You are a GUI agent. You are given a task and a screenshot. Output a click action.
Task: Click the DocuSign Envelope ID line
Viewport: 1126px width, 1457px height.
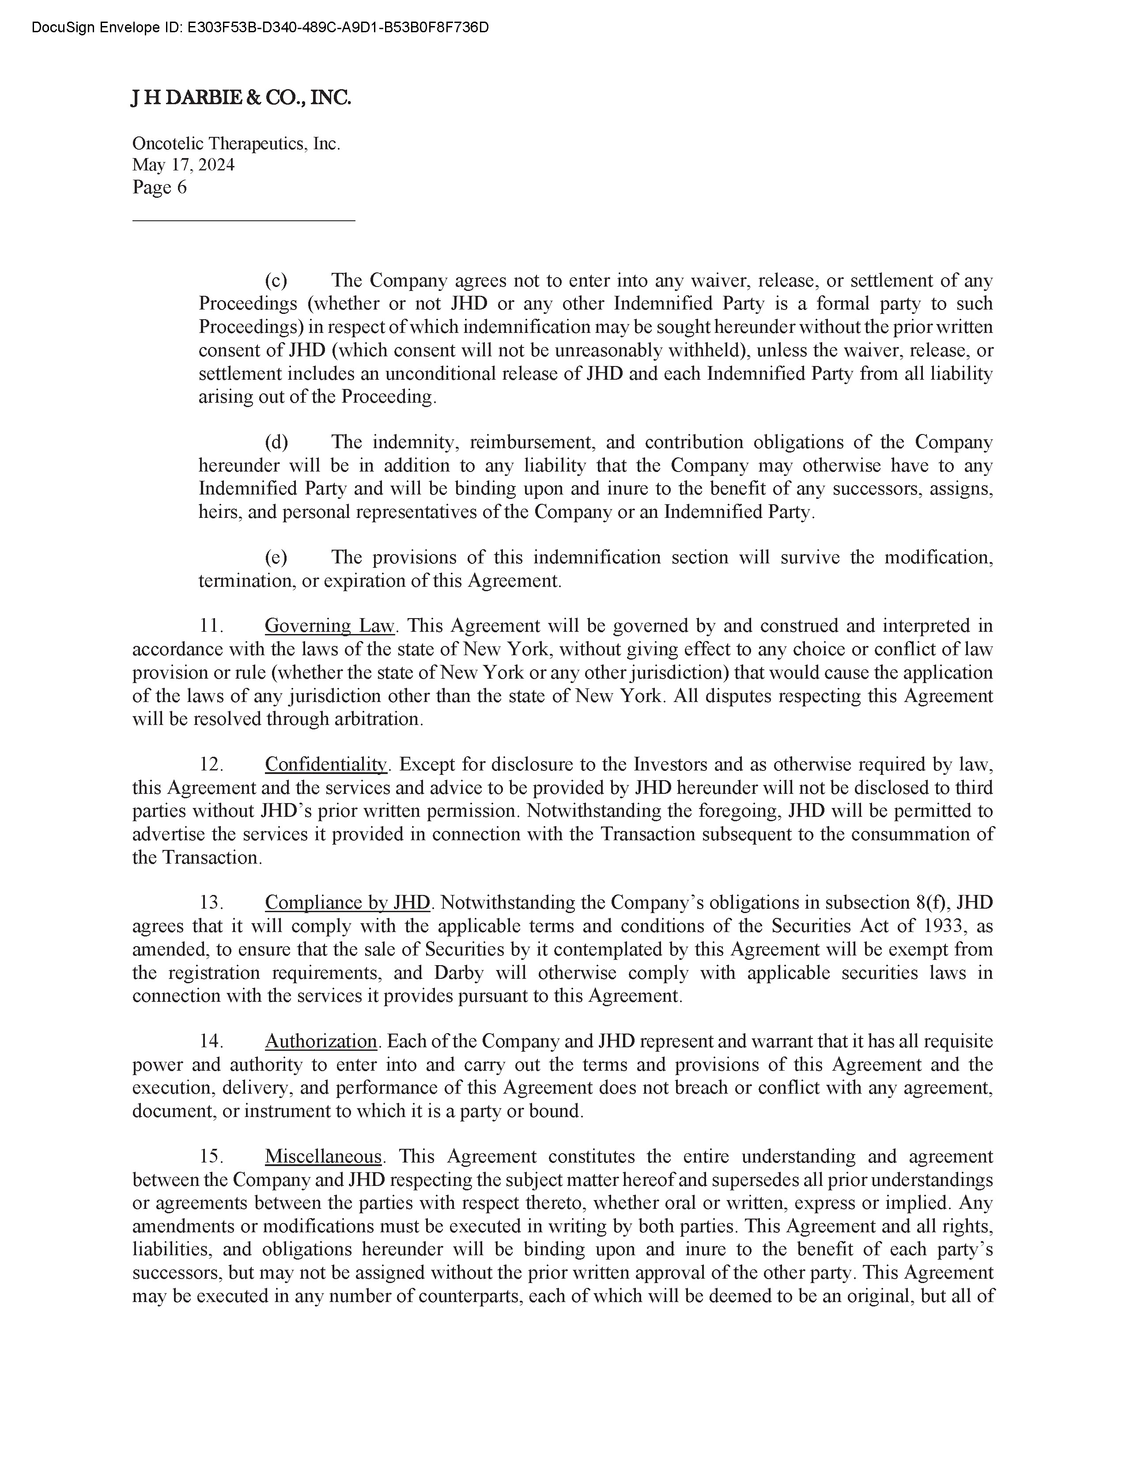[x=260, y=27]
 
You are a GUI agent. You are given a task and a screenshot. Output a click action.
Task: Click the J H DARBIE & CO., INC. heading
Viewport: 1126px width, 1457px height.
[x=241, y=98]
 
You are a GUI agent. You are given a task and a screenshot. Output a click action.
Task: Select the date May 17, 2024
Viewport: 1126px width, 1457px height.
[x=183, y=165]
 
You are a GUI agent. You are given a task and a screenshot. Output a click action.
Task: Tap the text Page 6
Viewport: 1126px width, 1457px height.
[x=159, y=188]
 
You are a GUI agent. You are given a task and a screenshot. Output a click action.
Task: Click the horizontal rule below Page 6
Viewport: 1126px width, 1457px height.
[x=243, y=219]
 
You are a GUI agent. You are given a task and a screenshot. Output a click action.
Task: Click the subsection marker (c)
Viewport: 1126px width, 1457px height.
[x=276, y=280]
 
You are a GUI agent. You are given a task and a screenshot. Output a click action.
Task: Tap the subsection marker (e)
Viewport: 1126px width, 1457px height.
[x=276, y=557]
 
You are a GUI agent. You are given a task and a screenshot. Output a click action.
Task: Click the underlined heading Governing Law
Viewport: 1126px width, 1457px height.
[x=330, y=626]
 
